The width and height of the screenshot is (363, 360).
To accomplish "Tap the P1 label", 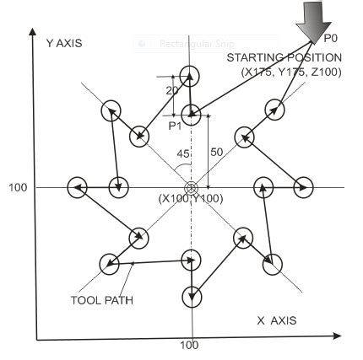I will coord(175,126).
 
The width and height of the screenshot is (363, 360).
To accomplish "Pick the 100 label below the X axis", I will coord(189,346).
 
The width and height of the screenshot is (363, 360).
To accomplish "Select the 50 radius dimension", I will coord(216,152).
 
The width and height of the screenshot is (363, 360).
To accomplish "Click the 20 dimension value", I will coord(172,90).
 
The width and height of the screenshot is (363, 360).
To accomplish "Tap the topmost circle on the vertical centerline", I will coord(190,75).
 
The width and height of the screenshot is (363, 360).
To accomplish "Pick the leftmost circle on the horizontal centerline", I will coord(77,186).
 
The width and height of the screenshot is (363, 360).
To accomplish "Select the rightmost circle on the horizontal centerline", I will coord(302,186).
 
